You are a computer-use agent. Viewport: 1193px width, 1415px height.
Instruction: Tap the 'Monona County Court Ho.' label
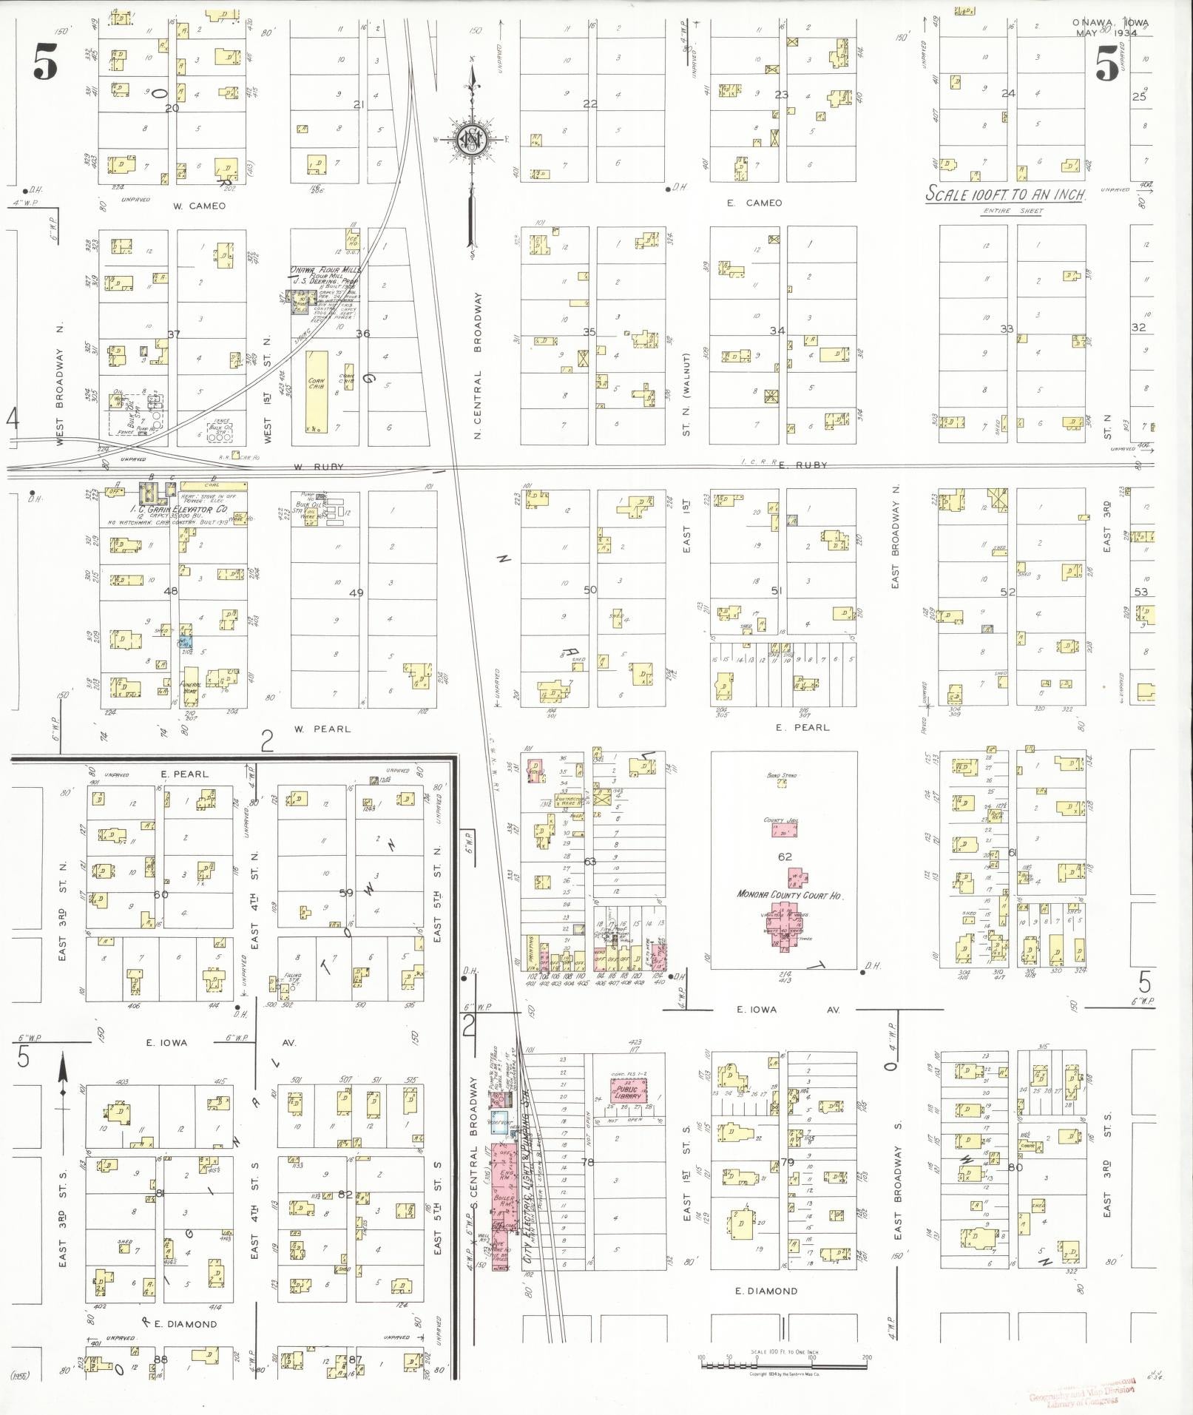[x=788, y=894]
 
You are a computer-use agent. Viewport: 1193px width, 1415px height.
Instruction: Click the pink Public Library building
[x=627, y=1091]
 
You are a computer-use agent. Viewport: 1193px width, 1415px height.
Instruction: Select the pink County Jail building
[x=783, y=830]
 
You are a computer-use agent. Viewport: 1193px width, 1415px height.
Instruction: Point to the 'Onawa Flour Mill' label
[x=325, y=271]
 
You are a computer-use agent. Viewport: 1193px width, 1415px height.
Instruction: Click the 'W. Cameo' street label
[x=199, y=206]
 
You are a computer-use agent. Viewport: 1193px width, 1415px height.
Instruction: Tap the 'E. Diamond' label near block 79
[x=766, y=1291]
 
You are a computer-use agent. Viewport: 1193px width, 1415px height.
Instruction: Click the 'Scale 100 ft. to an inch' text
[x=1006, y=195]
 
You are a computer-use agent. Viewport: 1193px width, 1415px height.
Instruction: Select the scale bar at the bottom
[x=784, y=1363]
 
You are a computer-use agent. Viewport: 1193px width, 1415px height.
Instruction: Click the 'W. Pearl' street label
[x=322, y=729]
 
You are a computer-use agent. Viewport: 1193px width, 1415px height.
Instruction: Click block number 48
[x=171, y=590]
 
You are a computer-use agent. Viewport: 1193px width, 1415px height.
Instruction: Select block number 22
[x=589, y=104]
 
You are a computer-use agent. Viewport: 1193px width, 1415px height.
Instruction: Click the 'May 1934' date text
[x=1106, y=33]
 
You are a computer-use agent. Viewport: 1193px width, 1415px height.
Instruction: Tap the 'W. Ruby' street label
[x=318, y=467]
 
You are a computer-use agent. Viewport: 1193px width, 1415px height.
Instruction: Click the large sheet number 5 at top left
[x=45, y=63]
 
